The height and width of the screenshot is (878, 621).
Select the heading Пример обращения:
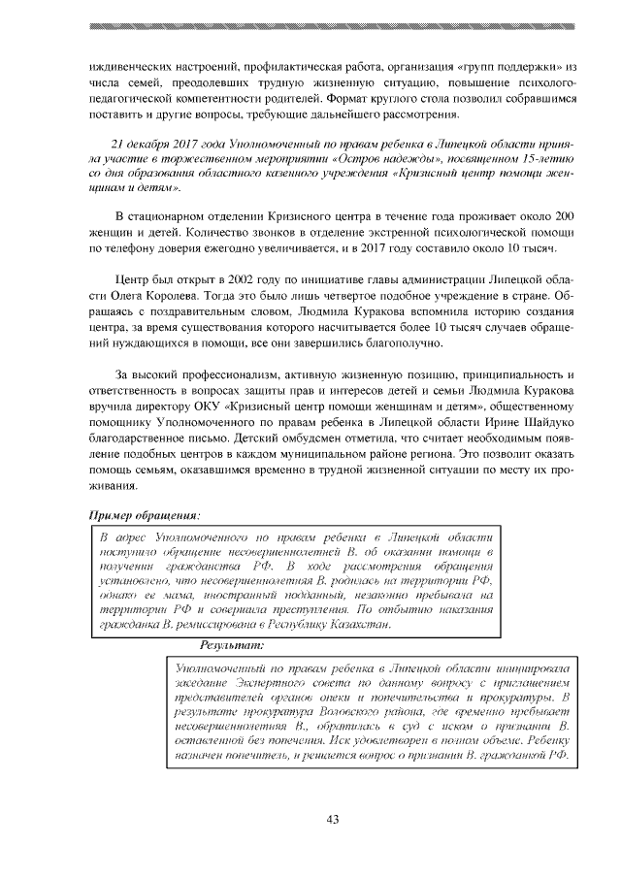[145, 516]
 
